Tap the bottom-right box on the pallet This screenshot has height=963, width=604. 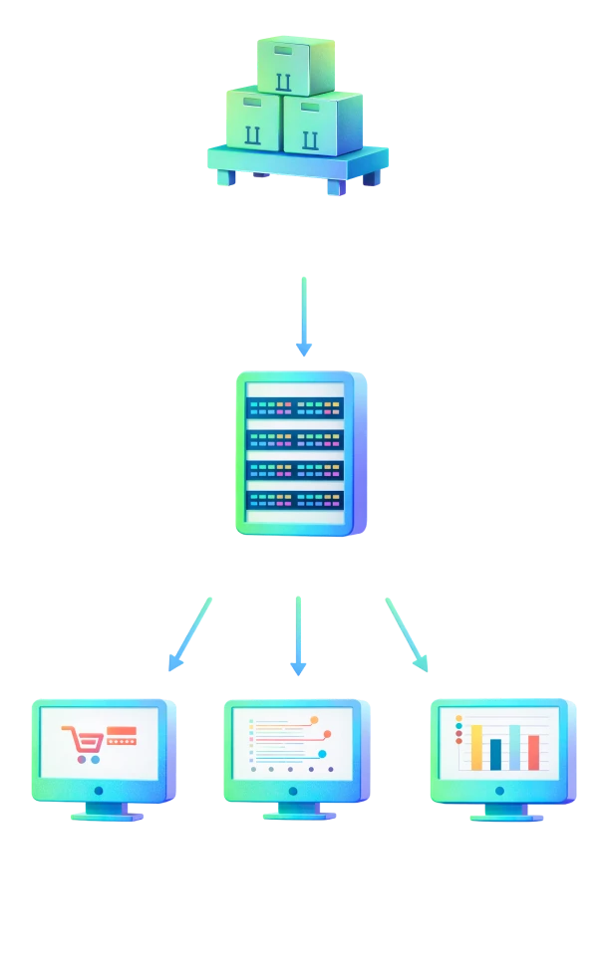pos(321,123)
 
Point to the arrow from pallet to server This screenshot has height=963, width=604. pos(305,314)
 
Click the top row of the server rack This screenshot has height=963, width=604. pos(295,407)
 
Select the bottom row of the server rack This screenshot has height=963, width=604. pos(295,499)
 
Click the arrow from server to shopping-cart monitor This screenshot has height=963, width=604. pos(191,632)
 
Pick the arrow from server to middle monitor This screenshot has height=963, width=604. pos(297,632)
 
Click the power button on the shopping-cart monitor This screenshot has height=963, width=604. pos(97,791)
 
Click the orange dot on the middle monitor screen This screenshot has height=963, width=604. pos(314,719)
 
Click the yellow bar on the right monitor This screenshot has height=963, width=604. pos(476,747)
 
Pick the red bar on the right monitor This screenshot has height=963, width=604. pos(534,752)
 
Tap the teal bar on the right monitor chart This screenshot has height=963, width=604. pos(515,747)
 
